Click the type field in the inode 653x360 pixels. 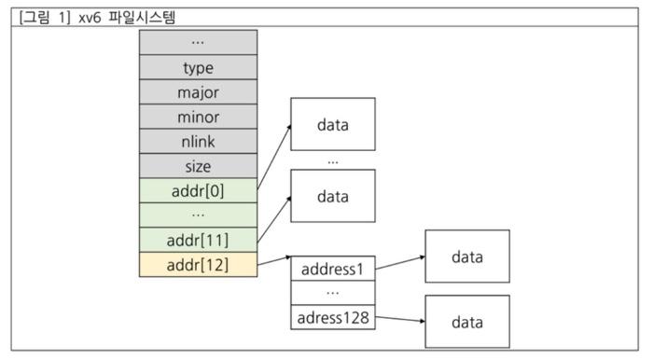click(x=198, y=68)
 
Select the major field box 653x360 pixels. click(x=198, y=92)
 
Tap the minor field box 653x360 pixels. click(x=198, y=118)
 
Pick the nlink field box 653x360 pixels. click(x=198, y=142)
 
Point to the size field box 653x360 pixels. click(x=198, y=167)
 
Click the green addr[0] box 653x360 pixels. click(x=198, y=191)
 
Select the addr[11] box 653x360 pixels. click(x=198, y=241)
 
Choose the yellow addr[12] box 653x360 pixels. click(x=198, y=265)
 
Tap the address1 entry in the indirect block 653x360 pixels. click(x=332, y=269)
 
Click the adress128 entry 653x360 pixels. click(x=332, y=318)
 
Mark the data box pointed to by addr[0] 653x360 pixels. click(x=332, y=124)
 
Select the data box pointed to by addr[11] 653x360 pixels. click(x=332, y=196)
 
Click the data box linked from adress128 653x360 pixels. click(x=466, y=322)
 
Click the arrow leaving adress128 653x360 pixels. click(x=399, y=320)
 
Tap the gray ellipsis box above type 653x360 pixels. click(x=198, y=42)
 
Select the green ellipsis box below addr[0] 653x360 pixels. click(x=198, y=215)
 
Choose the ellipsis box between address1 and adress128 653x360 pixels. click(x=332, y=293)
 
